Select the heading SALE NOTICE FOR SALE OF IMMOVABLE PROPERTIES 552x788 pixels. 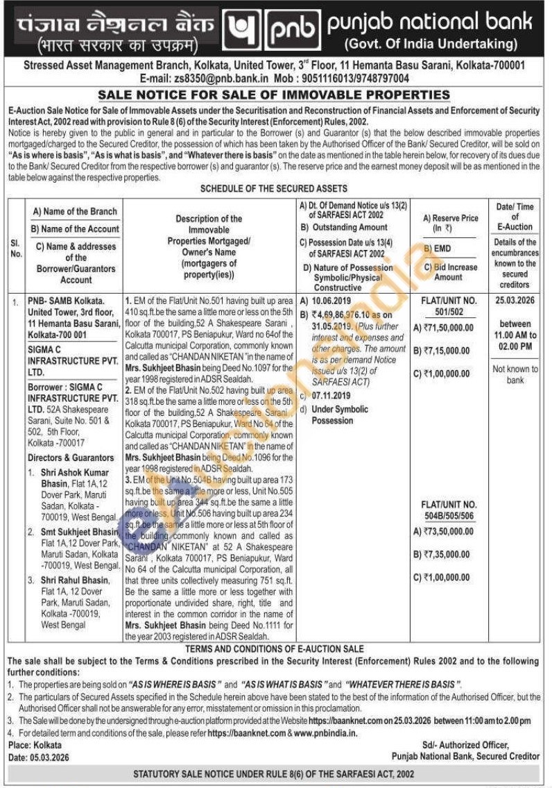pos(274,95)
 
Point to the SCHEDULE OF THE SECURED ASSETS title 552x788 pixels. pos(274,188)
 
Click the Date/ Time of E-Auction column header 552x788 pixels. pos(515,216)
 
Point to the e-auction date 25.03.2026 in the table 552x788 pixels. pos(515,302)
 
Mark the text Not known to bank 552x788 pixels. pos(515,375)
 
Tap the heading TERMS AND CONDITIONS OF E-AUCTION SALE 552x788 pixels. pos(273,648)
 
